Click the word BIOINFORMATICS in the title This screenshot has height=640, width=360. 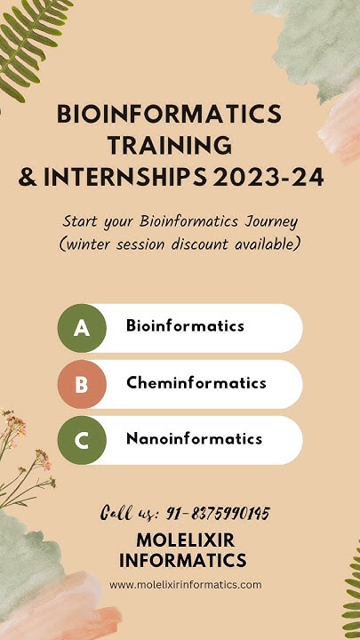pos(169,114)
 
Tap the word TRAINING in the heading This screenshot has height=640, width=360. pos(170,146)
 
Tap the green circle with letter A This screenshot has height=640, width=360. pos(82,328)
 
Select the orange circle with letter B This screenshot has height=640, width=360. pos(82,384)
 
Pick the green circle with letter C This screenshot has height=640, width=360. pos(82,440)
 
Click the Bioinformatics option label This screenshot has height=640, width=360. pos(185,326)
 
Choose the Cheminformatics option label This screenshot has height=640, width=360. pos(196,383)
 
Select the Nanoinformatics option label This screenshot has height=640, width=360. pos(194,439)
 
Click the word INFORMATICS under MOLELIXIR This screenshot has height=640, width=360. pos(182,561)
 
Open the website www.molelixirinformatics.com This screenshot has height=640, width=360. pos(185,585)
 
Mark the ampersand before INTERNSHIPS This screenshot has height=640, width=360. pos(28,178)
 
